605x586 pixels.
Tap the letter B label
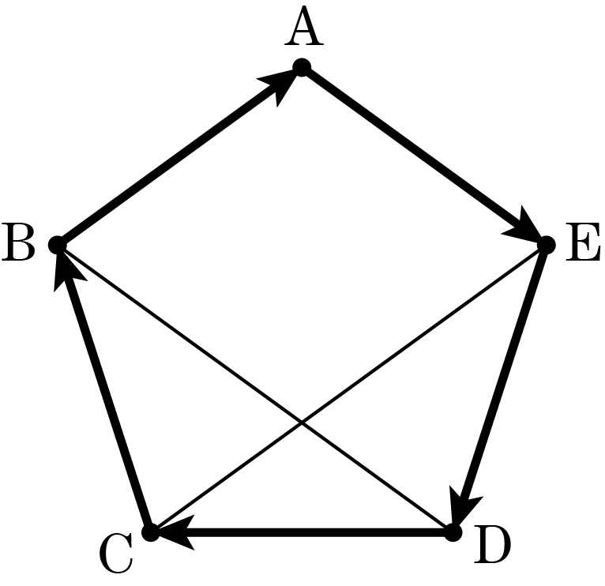click(x=19, y=242)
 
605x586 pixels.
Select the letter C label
click(x=117, y=553)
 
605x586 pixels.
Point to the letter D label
click(x=492, y=544)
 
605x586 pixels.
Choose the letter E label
click(x=583, y=242)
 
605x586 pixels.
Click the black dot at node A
click(x=302, y=67)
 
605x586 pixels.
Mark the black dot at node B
click(x=58, y=245)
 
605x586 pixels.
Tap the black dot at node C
click(x=151, y=532)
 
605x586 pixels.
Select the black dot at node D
click(x=453, y=532)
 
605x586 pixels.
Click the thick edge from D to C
click(x=302, y=532)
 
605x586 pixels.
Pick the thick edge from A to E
click(x=423, y=156)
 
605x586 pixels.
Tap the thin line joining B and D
click(x=255, y=389)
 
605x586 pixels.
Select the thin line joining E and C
click(x=348, y=389)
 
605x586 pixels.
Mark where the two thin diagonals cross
click(x=302, y=423)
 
